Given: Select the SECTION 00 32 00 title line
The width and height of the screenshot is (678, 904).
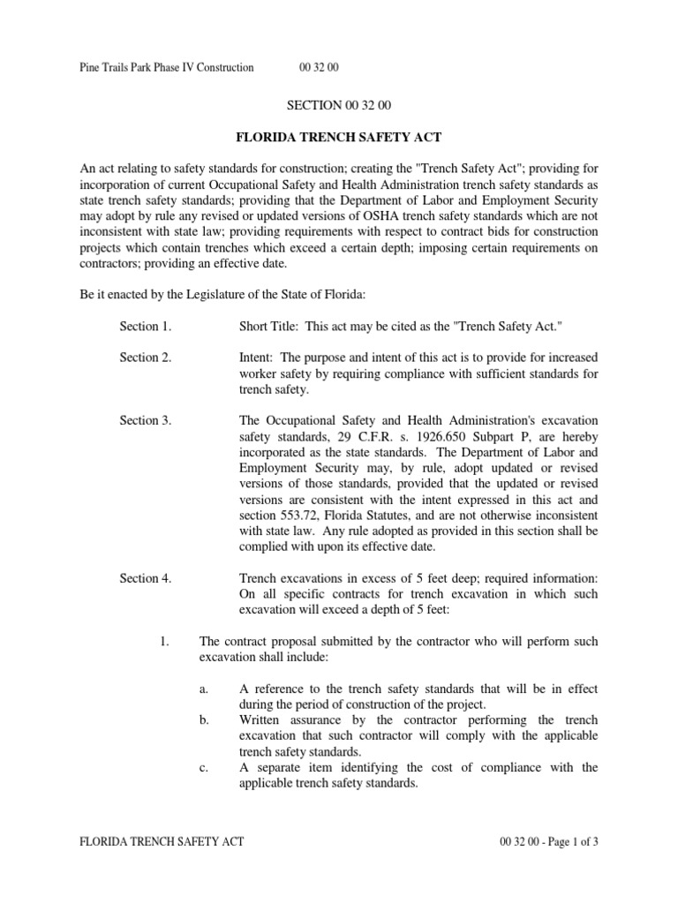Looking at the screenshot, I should tap(339, 105).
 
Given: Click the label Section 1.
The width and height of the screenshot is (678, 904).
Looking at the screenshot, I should tap(146, 327).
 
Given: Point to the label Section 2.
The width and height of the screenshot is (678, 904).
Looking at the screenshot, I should tap(146, 358).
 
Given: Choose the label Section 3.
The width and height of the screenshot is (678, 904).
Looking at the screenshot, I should tap(146, 420).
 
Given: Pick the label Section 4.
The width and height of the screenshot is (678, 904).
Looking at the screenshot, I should tap(146, 579).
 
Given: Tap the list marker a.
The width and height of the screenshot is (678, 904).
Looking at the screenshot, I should tap(204, 689).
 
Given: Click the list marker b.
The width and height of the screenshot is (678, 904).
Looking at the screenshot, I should tap(204, 720).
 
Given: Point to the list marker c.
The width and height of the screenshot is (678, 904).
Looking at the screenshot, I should tap(204, 767).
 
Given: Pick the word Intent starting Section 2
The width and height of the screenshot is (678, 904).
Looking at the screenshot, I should tap(257, 358).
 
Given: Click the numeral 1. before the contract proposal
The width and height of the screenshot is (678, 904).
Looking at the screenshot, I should tap(164, 642).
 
